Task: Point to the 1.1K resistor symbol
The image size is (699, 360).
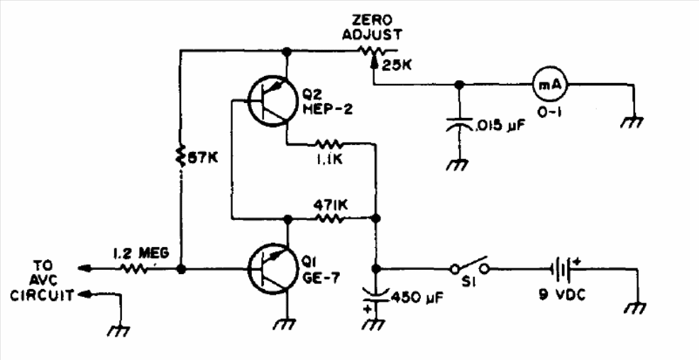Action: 329,143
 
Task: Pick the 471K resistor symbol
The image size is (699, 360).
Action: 330,218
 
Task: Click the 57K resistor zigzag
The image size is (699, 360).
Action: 180,156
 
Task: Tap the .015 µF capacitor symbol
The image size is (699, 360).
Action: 458,126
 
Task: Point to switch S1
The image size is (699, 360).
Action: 469,266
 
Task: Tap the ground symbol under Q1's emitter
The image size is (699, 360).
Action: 284,324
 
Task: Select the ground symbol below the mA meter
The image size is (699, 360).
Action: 632,121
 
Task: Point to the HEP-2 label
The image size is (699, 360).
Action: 328,109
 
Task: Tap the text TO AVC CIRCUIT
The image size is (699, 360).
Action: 42,280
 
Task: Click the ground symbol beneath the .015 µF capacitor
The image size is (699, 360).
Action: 457,164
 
